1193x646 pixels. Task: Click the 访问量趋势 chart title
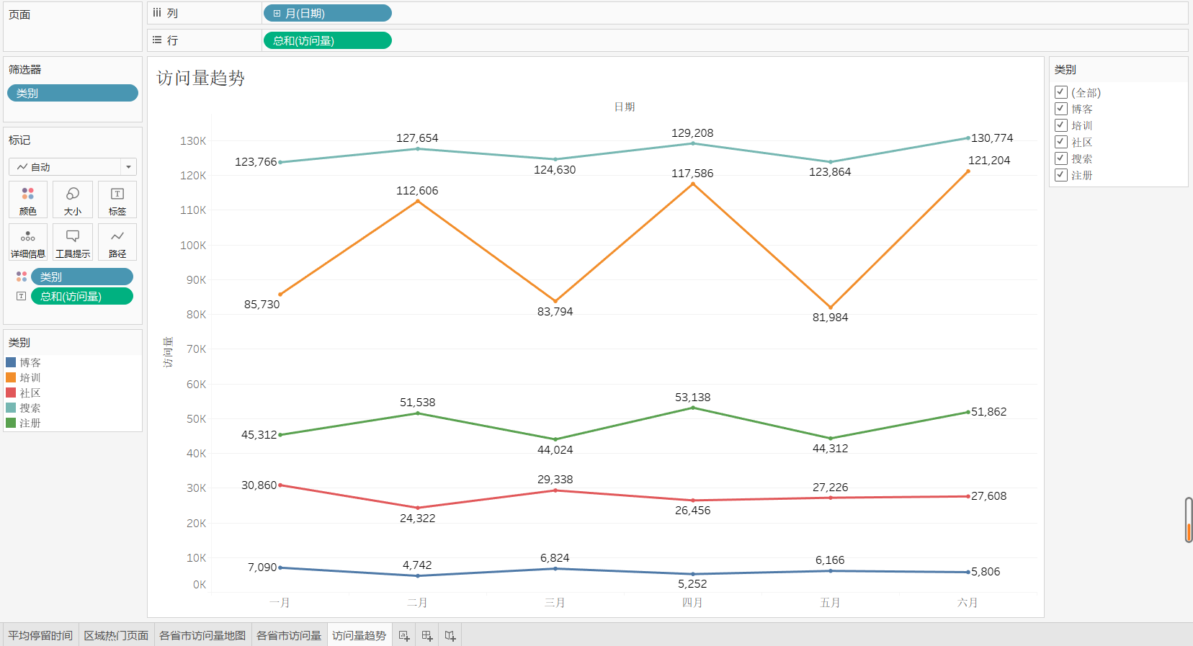tap(201, 78)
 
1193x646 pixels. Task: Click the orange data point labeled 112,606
tap(418, 200)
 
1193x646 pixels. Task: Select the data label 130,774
tap(991, 138)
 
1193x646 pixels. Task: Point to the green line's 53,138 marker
tap(693, 408)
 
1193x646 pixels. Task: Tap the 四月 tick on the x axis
tap(692, 603)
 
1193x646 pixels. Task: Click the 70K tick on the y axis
tap(196, 349)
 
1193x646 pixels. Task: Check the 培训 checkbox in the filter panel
tap(1061, 125)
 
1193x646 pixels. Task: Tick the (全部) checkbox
tap(1061, 92)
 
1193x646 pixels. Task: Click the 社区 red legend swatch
tap(11, 392)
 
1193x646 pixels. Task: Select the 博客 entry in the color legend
tap(30, 362)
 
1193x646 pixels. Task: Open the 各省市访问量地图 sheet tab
tap(202, 635)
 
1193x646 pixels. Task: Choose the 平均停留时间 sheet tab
tap(40, 635)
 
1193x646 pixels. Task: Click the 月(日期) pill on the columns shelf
tap(327, 13)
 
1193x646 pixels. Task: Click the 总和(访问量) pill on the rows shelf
tap(327, 40)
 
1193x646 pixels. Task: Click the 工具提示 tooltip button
tap(73, 242)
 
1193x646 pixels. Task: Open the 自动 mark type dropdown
tap(73, 167)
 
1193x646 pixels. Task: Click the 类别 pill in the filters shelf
tap(72, 93)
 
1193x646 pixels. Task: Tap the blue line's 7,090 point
tap(280, 568)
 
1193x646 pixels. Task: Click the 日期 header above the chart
tap(624, 107)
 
